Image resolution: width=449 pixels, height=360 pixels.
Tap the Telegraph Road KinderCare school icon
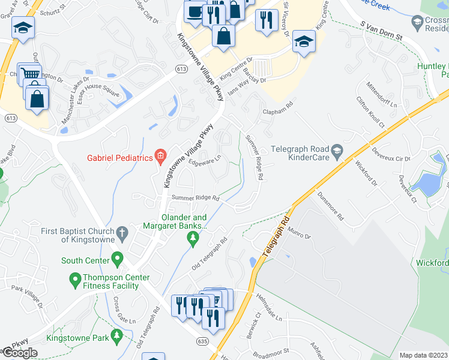[337, 151]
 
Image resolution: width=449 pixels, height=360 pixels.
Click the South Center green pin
[117, 260]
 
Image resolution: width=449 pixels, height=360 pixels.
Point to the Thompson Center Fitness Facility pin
[75, 280]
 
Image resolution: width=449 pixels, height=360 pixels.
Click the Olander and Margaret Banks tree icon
[193, 240]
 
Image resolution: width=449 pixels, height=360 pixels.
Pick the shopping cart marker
[27, 73]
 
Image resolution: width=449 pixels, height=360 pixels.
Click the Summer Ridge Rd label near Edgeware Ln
[196, 198]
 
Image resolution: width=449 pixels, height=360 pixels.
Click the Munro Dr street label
[301, 235]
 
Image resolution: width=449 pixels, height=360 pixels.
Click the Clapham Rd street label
[277, 108]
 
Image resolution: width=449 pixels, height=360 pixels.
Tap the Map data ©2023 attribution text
[423, 355]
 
